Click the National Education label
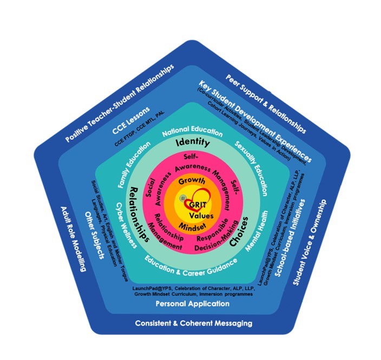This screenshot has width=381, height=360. point(192,132)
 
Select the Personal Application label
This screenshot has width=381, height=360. point(192,304)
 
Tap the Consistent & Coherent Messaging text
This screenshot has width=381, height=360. point(193,324)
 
